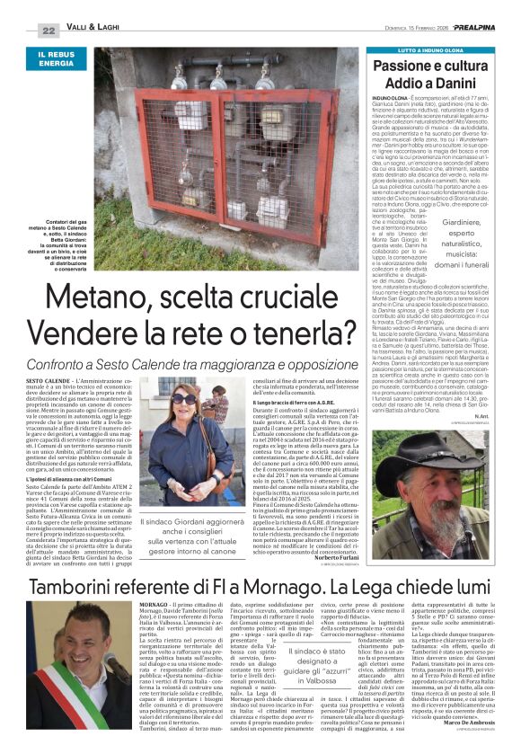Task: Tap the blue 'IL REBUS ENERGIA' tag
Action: pos(57,59)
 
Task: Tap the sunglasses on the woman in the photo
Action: pos(186,398)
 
